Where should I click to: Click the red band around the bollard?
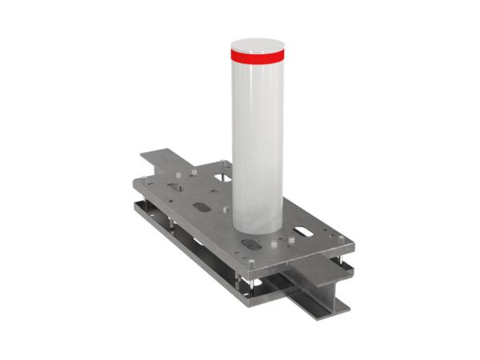(x=257, y=56)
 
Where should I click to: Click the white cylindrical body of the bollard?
(x=257, y=136)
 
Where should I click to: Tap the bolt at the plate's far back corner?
(x=222, y=162)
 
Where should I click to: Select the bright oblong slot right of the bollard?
(x=305, y=233)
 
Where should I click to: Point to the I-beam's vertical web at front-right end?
(x=324, y=288)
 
